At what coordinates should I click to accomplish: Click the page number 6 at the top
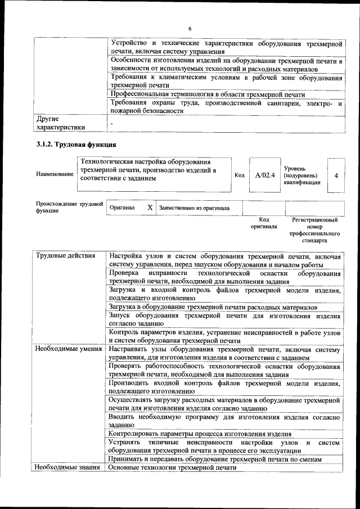tap(190, 29)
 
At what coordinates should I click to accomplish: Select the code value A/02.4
tap(264, 175)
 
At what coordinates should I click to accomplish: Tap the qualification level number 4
tap(336, 175)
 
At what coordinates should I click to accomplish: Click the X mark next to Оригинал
tap(150, 208)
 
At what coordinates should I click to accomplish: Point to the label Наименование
tap(55, 174)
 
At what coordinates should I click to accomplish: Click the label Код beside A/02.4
tap(239, 175)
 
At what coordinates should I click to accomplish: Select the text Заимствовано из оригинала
tap(194, 208)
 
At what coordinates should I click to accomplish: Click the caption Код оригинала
tap(264, 223)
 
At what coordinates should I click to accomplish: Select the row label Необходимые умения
tap(68, 349)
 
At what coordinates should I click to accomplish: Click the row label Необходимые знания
tap(67, 468)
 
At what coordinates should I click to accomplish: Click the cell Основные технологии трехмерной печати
tap(172, 468)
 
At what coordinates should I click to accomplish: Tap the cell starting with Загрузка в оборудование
tap(213, 308)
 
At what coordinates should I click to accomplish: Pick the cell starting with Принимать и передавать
tap(215, 459)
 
